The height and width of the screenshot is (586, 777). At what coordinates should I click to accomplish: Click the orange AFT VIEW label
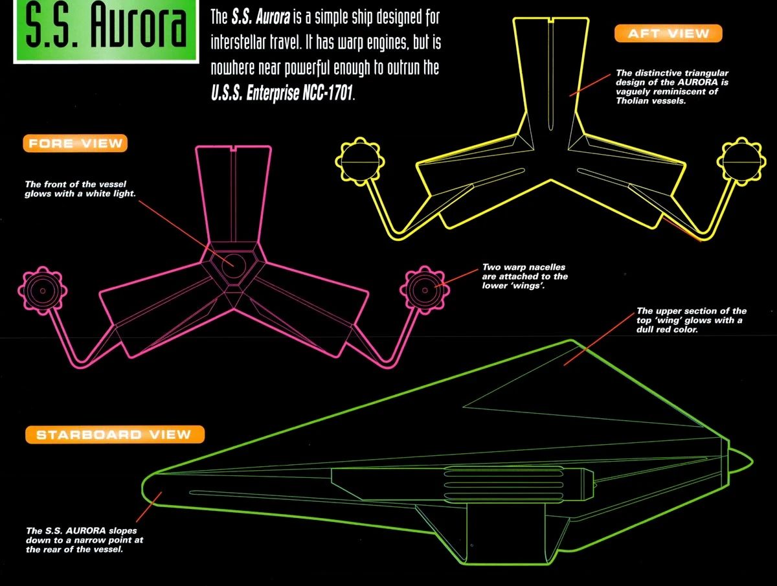668,34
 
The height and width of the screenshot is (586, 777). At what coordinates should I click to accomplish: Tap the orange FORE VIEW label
75,143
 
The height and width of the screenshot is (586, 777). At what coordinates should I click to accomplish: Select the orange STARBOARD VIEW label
115,434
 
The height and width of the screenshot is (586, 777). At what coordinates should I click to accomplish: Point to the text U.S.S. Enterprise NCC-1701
282,93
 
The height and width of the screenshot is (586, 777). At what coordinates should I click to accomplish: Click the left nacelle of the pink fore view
43,291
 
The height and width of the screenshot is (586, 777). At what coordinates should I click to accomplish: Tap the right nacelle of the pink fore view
425,290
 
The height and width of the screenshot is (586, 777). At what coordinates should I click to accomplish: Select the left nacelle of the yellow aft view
360,162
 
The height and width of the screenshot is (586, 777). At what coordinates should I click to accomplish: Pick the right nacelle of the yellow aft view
742,162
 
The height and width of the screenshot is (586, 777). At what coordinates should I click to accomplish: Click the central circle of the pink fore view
234,265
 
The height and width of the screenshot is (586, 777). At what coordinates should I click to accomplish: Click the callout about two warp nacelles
525,276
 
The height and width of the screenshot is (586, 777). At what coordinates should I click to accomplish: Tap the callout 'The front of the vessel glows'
80,189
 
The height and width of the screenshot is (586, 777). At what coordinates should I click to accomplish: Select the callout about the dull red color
692,321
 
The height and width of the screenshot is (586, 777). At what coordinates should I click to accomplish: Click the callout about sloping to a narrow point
85,540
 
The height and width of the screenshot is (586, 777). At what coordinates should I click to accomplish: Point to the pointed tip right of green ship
752,461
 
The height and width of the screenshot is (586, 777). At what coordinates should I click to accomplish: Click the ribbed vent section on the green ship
503,484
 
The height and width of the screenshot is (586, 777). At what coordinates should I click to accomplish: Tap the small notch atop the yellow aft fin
551,21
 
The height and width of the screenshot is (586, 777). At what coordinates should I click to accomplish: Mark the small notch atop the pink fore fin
233,149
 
